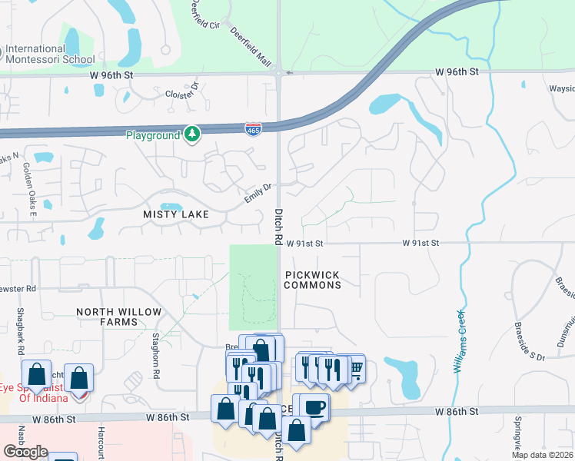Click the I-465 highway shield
pyautogui.click(x=253, y=128)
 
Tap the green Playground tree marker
pyautogui.click(x=192, y=134)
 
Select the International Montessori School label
pyautogui.click(x=50, y=54)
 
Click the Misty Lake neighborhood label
pyautogui.click(x=176, y=214)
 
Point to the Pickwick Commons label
pyautogui.click(x=312, y=280)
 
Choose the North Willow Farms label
pyautogui.click(x=119, y=317)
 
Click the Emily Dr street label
pyautogui.click(x=258, y=193)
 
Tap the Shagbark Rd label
pyautogui.click(x=18, y=331)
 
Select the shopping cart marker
pyautogui.click(x=355, y=368)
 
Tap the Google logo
pyautogui.click(x=25, y=452)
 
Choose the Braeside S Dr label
pyautogui.click(x=530, y=343)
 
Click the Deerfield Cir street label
pyautogui.click(x=207, y=15)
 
